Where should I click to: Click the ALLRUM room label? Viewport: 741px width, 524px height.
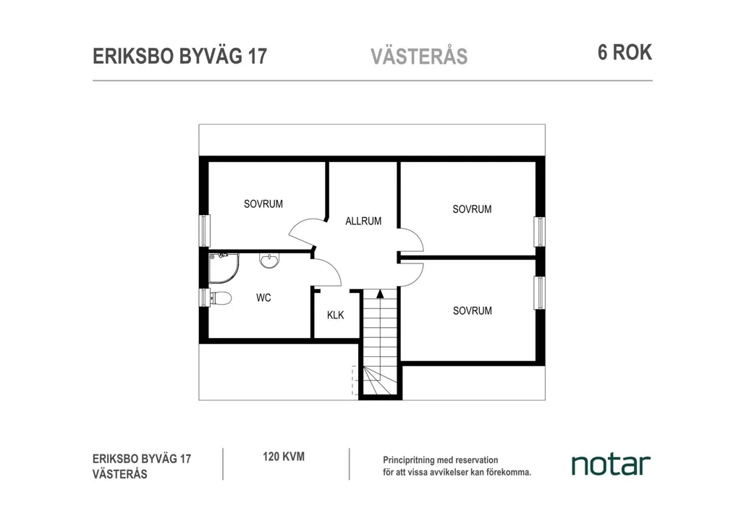(363, 221)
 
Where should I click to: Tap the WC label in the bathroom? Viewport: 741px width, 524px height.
(263, 297)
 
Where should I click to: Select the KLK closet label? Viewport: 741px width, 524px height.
(336, 315)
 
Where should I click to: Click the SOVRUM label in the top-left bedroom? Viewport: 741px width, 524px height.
(263, 204)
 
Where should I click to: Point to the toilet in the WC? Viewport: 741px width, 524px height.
(221, 298)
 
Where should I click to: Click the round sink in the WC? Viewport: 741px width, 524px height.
(269, 261)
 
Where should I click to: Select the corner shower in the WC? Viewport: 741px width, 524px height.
(224, 268)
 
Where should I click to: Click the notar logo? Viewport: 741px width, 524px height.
(611, 465)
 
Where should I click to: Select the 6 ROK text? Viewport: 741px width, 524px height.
(624, 52)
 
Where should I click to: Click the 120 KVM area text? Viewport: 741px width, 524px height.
(284, 457)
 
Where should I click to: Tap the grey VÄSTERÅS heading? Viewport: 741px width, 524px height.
(419, 56)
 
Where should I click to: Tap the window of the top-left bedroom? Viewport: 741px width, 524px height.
(204, 231)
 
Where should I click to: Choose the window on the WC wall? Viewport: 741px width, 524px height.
(204, 297)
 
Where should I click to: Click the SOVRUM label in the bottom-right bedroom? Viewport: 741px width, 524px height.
(472, 311)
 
